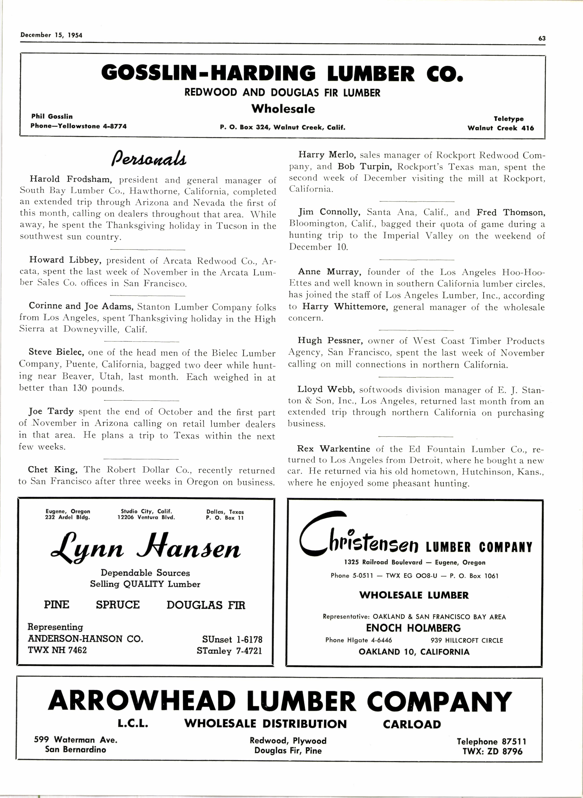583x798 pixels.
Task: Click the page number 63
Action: pyautogui.click(x=542, y=39)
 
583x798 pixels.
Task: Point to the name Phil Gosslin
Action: pyautogui.click(x=52, y=116)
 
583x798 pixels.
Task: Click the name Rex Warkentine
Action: pyautogui.click(x=333, y=449)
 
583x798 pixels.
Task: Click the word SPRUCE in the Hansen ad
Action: pyautogui.click(x=118, y=605)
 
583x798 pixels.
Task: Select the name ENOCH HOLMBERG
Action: pyautogui.click(x=413, y=628)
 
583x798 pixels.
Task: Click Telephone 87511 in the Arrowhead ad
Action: pyautogui.click(x=491, y=742)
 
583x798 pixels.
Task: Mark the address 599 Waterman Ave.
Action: pyautogui.click(x=76, y=740)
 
